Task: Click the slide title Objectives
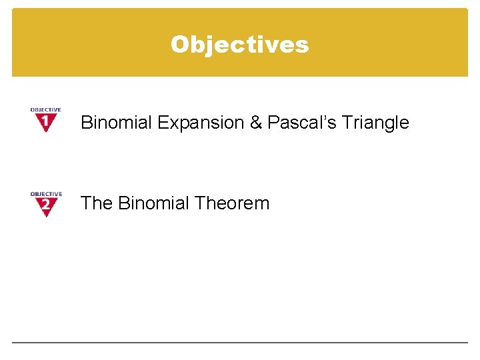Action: click(239, 44)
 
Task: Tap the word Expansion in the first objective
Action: click(208, 123)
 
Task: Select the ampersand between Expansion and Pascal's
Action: click(257, 123)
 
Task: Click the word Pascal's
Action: click(297, 123)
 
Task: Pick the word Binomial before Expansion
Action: click(116, 123)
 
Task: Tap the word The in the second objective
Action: click(97, 203)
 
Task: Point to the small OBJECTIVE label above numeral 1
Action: click(45, 110)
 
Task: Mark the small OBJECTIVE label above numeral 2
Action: click(45, 194)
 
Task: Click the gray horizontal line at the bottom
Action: click(239, 343)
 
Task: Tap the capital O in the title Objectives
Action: click(179, 44)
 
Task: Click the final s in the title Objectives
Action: click(303, 45)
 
